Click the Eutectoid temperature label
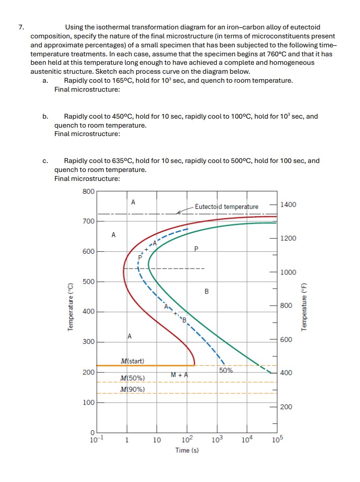pyautogui.click(x=226, y=206)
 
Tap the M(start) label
pyautogui.click(x=132, y=360)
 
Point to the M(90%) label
pyautogui.click(x=132, y=389)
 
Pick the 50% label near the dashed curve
pyautogui.click(x=225, y=370)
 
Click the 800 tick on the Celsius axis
pyautogui.click(x=88, y=191)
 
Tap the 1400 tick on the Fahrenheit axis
pyautogui.click(x=288, y=205)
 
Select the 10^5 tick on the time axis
pyautogui.click(x=277, y=440)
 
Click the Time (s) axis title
pyautogui.click(x=187, y=451)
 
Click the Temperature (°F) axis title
pyautogui.click(x=303, y=307)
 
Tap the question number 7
pyautogui.click(x=21, y=27)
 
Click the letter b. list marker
pyautogui.click(x=45, y=116)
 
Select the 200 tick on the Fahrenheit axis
pyautogui.click(x=286, y=407)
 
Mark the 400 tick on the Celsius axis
pyautogui.click(x=88, y=312)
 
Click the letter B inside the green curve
pyautogui.click(x=206, y=291)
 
